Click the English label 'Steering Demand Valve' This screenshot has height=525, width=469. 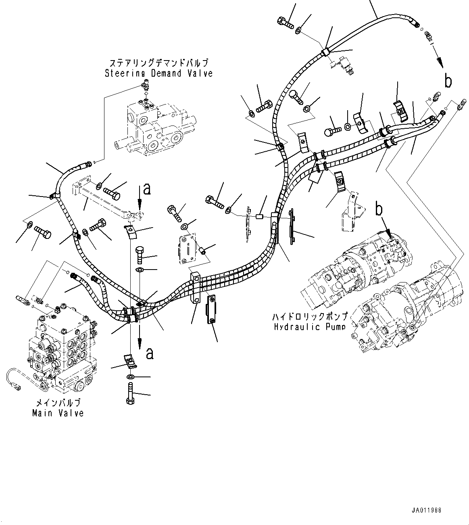point(158,73)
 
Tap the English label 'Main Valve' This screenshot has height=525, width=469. point(58,413)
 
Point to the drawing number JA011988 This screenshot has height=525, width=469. point(427,510)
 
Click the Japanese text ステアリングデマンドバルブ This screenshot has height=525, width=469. point(159,63)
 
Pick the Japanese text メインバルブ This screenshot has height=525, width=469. point(58,403)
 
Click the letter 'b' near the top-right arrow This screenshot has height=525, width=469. point(448,81)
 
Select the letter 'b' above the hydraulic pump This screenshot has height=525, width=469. point(379,209)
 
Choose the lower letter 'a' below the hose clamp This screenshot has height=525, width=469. point(150,353)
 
